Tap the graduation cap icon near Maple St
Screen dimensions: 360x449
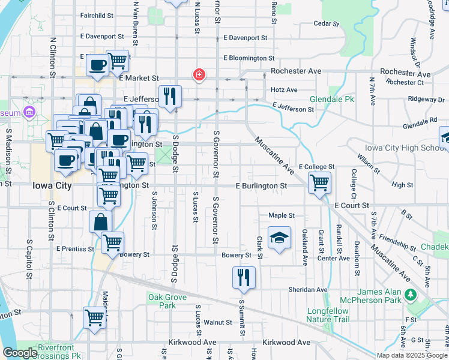click(x=279, y=239)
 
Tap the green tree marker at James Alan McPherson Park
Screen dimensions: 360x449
click(x=411, y=295)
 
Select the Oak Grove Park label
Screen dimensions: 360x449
click(x=162, y=301)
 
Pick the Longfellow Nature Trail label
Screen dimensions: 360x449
click(x=328, y=315)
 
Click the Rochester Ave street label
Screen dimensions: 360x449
click(x=296, y=71)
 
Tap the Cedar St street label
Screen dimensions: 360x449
click(x=327, y=24)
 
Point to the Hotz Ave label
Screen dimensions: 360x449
click(x=284, y=90)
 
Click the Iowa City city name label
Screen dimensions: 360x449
click(x=52, y=186)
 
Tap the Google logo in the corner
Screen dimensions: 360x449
click(x=19, y=353)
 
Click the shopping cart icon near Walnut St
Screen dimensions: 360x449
click(x=95, y=317)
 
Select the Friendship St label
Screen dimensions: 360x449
click(x=397, y=243)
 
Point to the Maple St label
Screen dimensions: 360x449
click(x=282, y=215)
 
